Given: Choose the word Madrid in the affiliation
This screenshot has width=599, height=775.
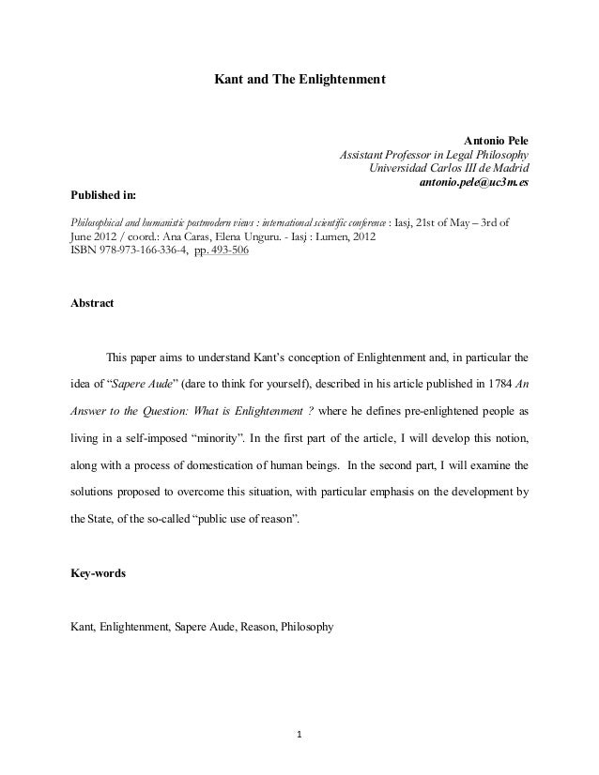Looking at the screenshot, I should click(x=508, y=168).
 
